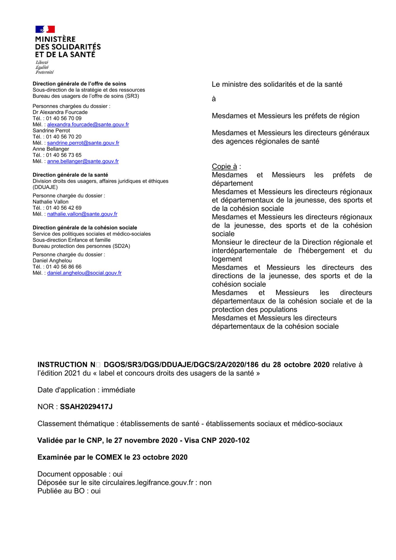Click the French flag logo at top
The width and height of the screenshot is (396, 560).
pos(45,29)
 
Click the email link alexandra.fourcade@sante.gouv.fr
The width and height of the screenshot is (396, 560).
pos(88,125)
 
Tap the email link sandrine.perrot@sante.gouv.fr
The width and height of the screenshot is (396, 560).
pos(83,143)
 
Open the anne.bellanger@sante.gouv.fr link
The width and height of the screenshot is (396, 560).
pos(83,162)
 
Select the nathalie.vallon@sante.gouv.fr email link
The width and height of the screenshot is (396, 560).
pos(82,214)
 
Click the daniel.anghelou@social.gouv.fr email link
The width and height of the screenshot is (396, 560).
pos(84,273)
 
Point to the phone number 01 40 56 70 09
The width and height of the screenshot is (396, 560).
pos(64,118)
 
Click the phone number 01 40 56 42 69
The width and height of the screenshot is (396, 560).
pos(64,208)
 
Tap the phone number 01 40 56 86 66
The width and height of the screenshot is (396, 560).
pos(64,267)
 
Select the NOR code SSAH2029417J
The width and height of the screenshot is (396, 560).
pos(86,407)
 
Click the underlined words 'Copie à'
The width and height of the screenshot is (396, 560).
pos(224,167)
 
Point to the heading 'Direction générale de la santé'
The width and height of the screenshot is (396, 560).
pos(70,175)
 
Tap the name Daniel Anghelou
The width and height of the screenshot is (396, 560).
pos(52,261)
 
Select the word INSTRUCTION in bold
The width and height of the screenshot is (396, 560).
pos(62,365)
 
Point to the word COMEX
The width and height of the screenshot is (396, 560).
pos(109,457)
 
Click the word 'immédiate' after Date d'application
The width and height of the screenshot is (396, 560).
pos(118,390)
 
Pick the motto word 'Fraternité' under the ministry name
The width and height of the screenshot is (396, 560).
pos(44,72)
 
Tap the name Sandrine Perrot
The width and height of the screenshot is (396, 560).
pos(51,131)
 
